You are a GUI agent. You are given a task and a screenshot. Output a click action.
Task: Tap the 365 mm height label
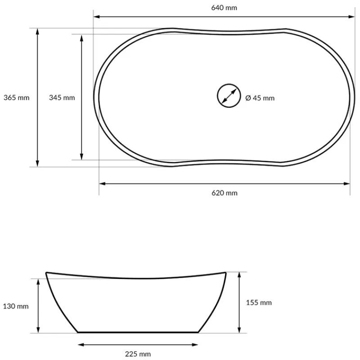pos(16,98)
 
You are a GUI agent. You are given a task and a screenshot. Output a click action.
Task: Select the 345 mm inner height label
pos(62,98)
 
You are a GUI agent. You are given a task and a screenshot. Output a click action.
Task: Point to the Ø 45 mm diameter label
pos(260,98)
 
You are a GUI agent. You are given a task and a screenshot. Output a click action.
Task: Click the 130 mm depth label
pos(16,306)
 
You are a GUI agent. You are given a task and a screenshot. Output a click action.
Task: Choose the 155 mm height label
pos(259,303)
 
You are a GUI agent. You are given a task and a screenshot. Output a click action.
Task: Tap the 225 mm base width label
pos(138,354)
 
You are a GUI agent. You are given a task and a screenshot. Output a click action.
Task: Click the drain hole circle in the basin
pos(227,95)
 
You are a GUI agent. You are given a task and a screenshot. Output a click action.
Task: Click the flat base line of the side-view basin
pos(138,332)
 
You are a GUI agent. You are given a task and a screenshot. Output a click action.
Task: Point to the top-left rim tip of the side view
pos(46,272)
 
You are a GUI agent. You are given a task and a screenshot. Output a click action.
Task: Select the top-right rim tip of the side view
pos(225,272)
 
